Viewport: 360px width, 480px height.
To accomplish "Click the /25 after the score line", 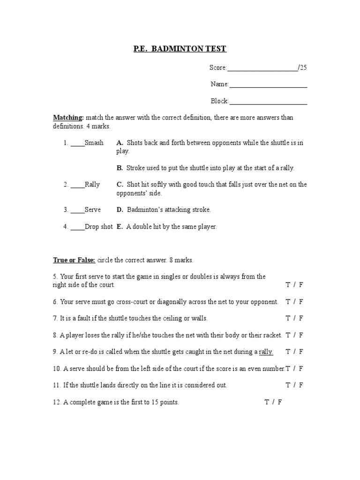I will click(303, 67).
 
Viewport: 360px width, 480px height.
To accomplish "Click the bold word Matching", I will click(68, 118).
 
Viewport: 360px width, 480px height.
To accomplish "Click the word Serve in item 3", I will click(93, 210).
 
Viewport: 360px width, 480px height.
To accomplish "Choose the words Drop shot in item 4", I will click(99, 227).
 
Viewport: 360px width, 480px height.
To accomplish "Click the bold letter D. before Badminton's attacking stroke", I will click(120, 210).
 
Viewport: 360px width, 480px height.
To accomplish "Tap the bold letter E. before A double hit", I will click(120, 227).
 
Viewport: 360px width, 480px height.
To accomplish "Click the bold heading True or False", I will click(74, 260).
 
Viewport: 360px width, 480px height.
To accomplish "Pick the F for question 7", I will click(301, 318).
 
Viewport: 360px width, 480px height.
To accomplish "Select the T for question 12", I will click(266, 402).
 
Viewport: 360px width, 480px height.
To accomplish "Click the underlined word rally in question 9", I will click(266, 352).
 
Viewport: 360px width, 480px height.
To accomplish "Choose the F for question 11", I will click(301, 385).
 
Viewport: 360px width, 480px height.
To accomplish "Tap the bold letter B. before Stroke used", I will click(120, 168).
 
